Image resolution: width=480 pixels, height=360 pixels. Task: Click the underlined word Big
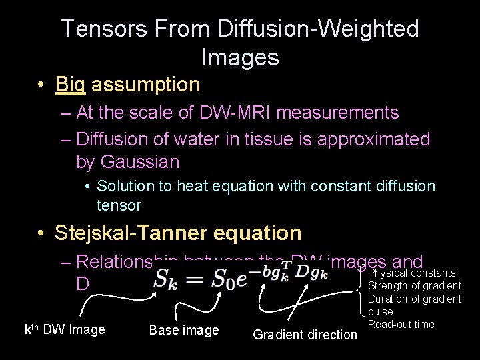coord(71,85)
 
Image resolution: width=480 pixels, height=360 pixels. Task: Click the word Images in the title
coord(239,57)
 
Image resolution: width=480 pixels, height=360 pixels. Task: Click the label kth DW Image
coord(65,329)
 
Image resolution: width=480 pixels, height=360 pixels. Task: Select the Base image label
coord(184,330)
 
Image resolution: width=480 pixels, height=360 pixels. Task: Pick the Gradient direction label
coord(305,335)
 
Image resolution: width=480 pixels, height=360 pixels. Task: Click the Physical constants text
coord(412,273)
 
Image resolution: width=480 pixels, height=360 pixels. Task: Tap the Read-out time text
coord(401,325)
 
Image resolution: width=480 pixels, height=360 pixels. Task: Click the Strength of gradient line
coord(415,286)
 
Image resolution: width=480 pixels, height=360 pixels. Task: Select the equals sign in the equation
coord(196,278)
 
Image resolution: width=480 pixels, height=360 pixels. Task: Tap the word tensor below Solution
coord(119,205)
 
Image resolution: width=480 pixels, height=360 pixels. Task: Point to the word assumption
coord(146,85)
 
